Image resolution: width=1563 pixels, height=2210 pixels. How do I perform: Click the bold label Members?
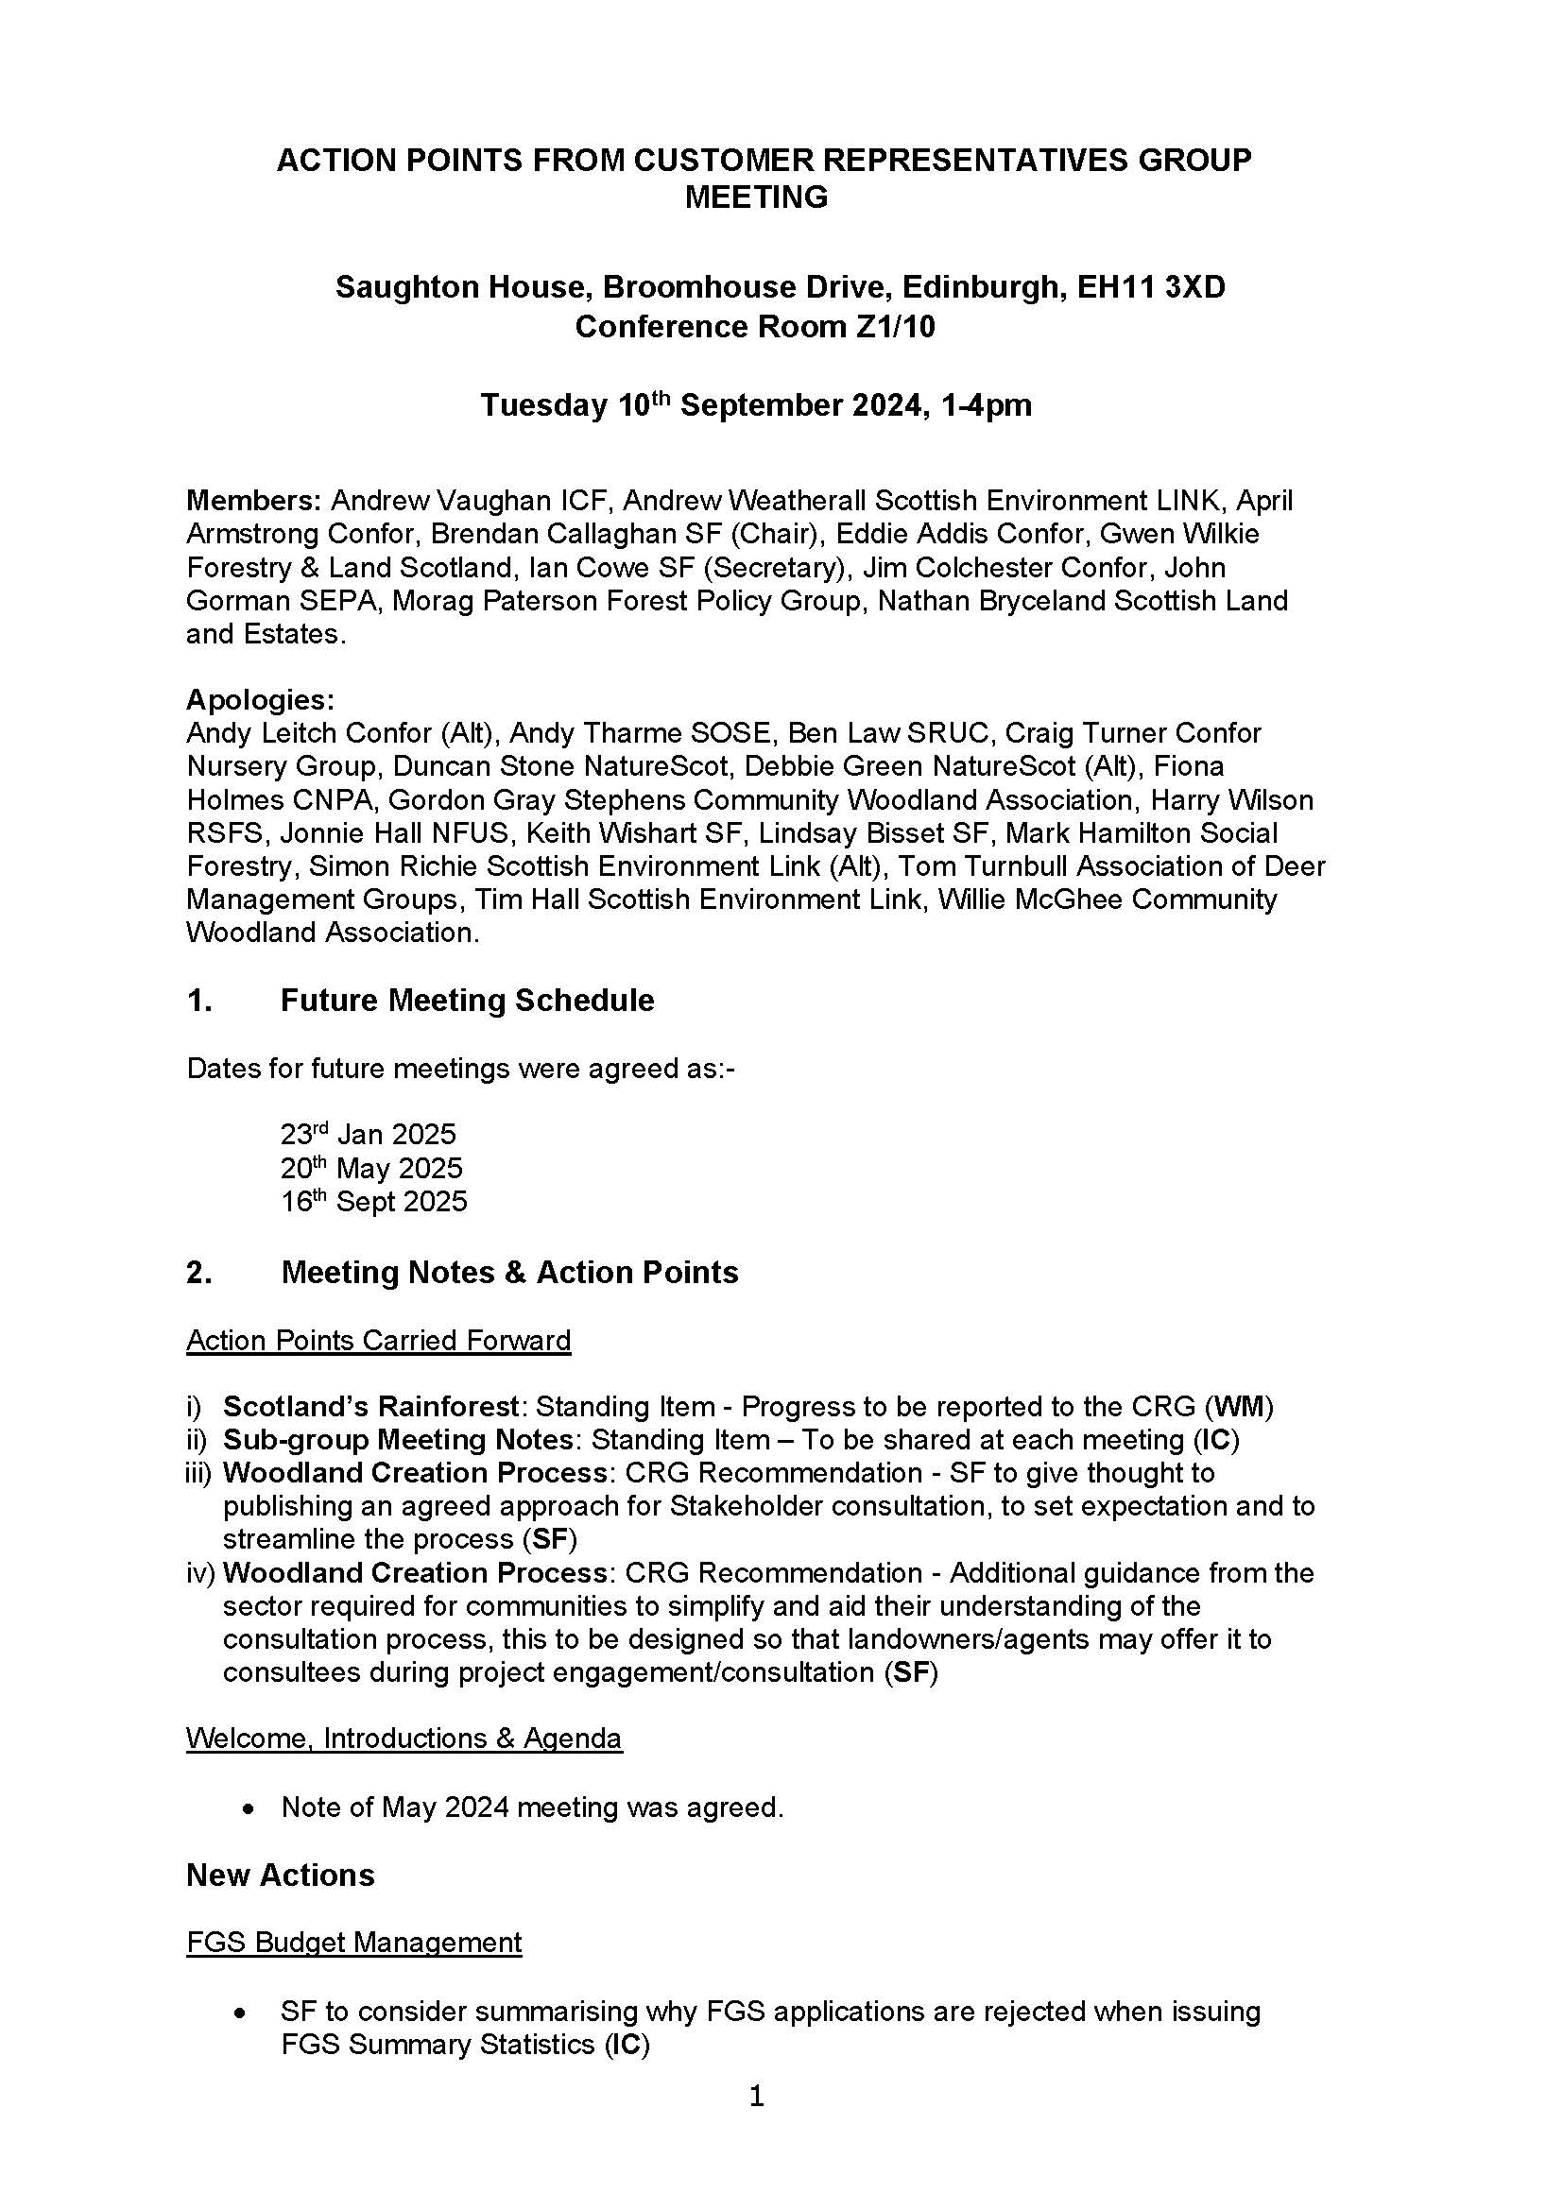tap(254, 501)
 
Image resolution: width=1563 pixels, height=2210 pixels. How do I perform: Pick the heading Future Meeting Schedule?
tap(467, 1000)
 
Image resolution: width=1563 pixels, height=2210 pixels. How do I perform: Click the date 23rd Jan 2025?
tap(368, 1134)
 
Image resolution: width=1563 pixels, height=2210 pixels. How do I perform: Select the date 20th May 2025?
tap(371, 1168)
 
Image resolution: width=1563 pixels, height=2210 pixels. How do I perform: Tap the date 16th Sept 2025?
tap(373, 1201)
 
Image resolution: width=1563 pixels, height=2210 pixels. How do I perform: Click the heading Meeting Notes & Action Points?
tap(509, 1272)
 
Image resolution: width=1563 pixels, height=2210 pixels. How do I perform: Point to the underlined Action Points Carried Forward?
tap(378, 1340)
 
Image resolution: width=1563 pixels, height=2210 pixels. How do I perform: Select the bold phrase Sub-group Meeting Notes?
tap(399, 1439)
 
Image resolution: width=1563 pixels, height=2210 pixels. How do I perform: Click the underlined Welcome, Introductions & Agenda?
tap(404, 1738)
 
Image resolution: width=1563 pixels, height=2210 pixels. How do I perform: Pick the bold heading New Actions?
tap(280, 1874)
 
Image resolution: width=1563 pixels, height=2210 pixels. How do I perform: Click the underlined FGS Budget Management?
tap(354, 1942)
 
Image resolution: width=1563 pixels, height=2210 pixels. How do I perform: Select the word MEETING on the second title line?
tap(756, 197)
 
